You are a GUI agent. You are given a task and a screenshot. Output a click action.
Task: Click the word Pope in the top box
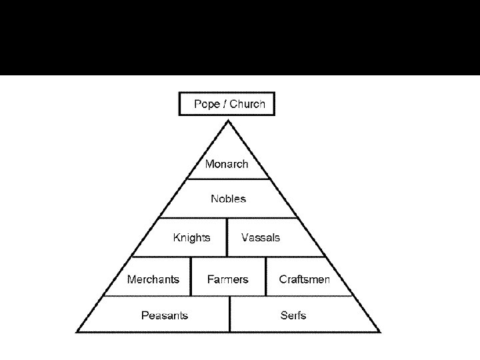click(207, 104)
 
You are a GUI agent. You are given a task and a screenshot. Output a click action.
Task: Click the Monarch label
click(227, 164)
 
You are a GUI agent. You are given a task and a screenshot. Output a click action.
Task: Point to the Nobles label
click(228, 199)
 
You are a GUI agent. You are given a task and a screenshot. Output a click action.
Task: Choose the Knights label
click(191, 237)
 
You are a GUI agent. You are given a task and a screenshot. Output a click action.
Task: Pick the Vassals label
click(261, 237)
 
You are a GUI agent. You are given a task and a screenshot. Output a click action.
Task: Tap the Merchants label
click(153, 279)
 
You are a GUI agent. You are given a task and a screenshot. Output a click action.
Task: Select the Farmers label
click(227, 279)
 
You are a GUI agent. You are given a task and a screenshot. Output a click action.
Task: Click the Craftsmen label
click(304, 279)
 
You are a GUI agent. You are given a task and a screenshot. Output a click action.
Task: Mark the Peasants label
click(165, 315)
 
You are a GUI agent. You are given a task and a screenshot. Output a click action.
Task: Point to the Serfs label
click(293, 315)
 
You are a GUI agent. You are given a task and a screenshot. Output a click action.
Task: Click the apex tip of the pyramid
click(229, 121)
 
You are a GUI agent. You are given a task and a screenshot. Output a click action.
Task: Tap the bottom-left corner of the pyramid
click(77, 331)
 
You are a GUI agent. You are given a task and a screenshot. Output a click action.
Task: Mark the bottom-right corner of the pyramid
click(380, 331)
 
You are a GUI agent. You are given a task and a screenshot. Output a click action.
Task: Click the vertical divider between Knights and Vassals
click(227, 237)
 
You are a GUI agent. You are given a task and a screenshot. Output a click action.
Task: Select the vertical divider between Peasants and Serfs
click(229, 314)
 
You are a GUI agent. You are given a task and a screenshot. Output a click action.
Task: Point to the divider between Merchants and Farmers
click(191, 276)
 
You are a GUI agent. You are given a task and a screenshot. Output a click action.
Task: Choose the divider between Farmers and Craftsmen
click(266, 276)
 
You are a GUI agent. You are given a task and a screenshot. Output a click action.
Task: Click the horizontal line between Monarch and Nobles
click(228, 179)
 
